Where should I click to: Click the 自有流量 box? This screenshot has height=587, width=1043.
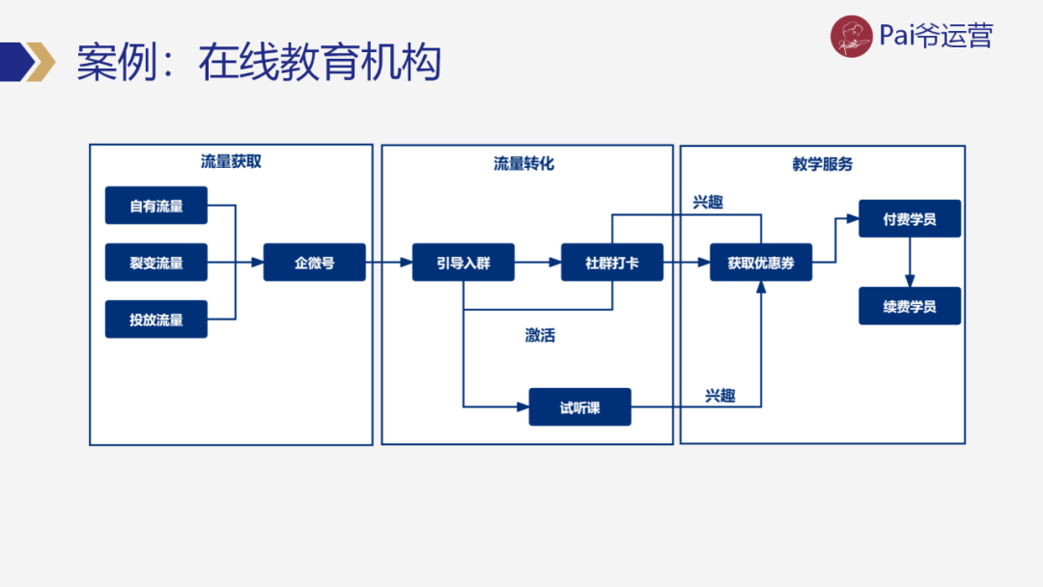[155, 206]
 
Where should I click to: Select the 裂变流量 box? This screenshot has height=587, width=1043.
[155, 262]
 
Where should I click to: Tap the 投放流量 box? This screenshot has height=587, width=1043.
[155, 319]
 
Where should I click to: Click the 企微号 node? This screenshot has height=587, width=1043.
[314, 262]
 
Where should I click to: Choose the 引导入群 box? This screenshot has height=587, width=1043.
[463, 262]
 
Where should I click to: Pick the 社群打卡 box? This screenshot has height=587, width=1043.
[611, 262]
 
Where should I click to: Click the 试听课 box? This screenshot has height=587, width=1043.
[579, 407]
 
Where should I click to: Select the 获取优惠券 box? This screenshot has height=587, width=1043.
[761, 262]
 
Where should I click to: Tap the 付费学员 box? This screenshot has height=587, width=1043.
[909, 219]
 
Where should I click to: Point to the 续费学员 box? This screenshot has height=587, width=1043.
[909, 306]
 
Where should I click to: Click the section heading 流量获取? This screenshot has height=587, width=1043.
[231, 162]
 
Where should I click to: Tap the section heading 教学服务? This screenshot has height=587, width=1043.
[822, 164]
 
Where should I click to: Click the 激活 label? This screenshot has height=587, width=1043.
[540, 336]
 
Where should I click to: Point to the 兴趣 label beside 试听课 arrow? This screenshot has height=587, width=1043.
[719, 396]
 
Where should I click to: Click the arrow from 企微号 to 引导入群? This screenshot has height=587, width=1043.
[388, 262]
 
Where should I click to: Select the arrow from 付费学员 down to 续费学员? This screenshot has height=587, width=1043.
[909, 262]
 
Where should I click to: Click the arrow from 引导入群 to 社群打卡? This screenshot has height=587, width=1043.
[537, 262]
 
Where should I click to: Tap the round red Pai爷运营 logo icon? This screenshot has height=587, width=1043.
[851, 37]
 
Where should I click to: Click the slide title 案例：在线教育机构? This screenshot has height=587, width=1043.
[259, 64]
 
